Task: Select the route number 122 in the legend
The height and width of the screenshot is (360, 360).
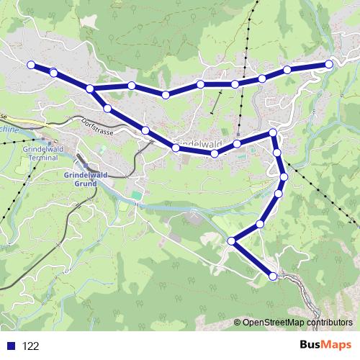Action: (31, 346)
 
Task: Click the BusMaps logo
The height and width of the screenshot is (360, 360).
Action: (326, 345)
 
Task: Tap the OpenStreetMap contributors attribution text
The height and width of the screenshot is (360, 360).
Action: (297, 323)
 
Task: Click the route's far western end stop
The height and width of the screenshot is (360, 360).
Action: (31, 65)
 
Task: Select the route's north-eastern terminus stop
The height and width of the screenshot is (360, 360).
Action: (329, 64)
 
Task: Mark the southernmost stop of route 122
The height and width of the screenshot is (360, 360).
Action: (273, 276)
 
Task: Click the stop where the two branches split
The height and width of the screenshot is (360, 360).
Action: (90, 89)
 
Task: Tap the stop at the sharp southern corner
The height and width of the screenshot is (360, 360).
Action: (231, 241)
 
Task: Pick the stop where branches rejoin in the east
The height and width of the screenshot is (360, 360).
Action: (273, 133)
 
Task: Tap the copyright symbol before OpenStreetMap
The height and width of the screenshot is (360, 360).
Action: (238, 323)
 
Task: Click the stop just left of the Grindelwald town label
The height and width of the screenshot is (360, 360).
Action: (176, 148)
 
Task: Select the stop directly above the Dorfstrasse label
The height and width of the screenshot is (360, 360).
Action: (107, 109)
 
